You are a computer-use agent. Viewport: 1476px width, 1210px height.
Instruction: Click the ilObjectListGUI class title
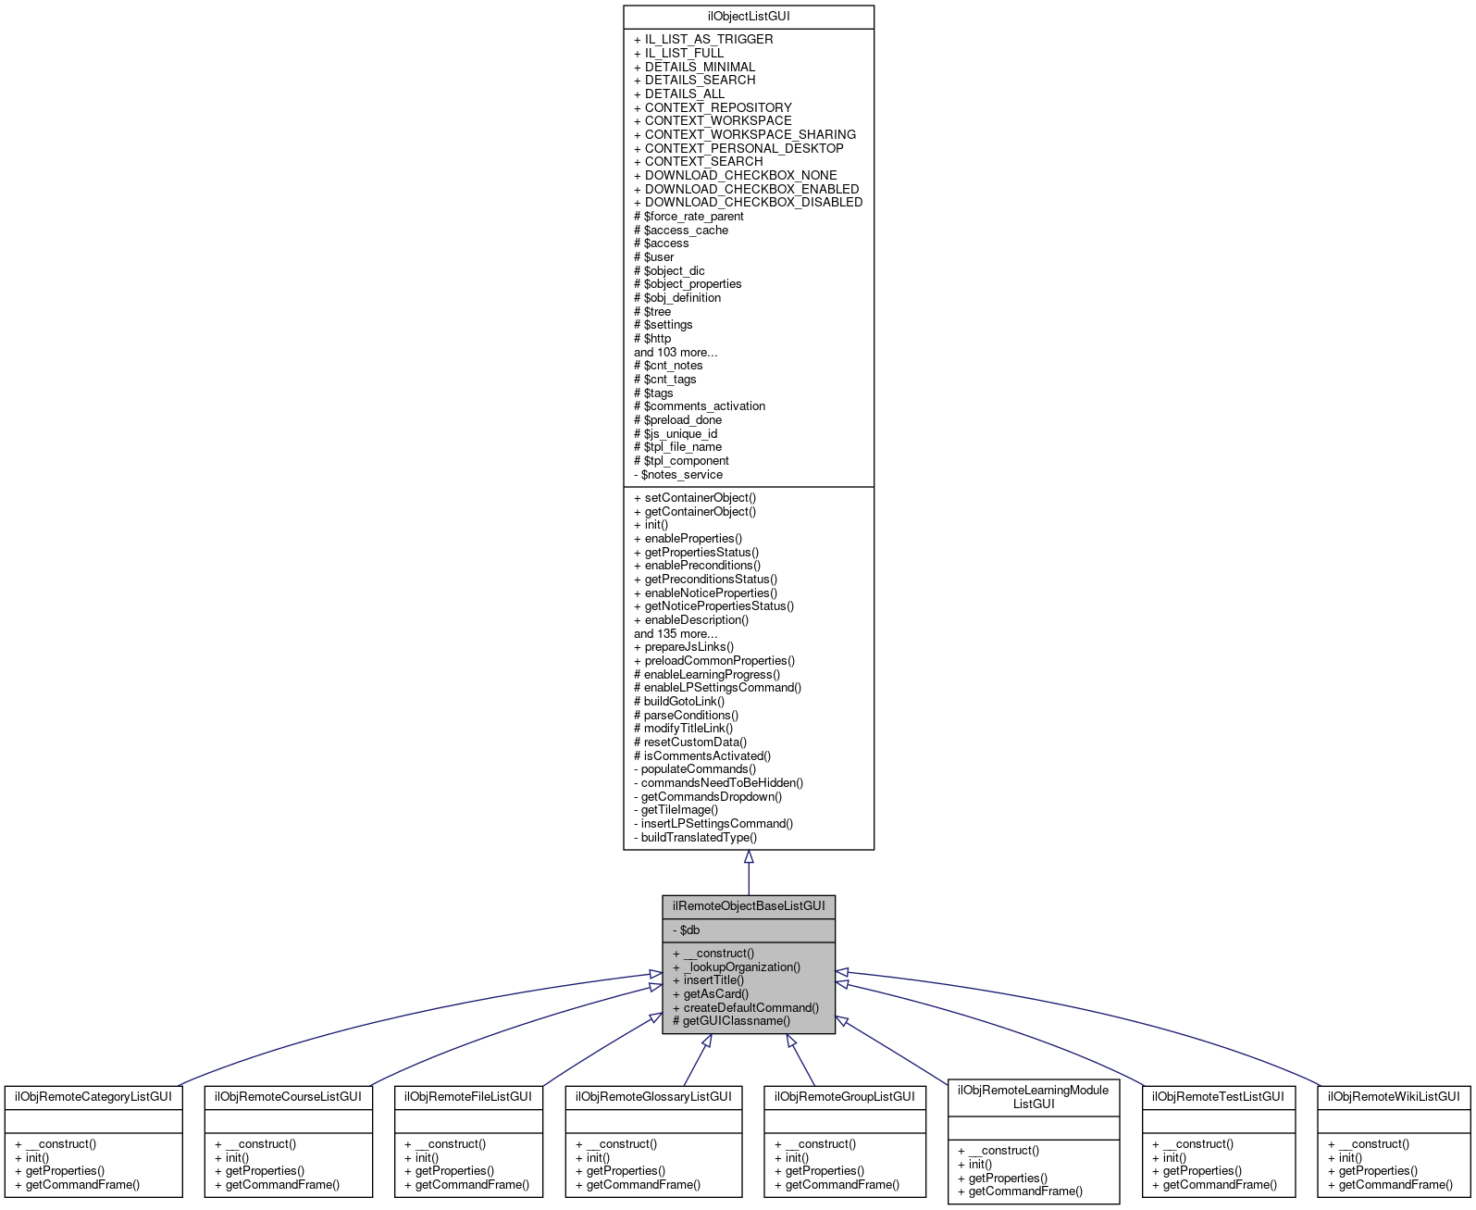pyautogui.click(x=748, y=17)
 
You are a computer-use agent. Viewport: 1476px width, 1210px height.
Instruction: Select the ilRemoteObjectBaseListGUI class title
pyautogui.click(x=748, y=905)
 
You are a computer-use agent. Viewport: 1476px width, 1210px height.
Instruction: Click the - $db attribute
pyautogui.click(x=686, y=929)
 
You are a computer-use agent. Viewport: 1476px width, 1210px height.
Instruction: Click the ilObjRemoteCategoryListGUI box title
pyautogui.click(x=93, y=1096)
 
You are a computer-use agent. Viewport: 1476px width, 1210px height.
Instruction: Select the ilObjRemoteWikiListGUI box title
pyautogui.click(x=1394, y=1096)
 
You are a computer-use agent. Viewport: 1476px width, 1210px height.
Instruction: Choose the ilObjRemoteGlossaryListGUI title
pyautogui.click(x=653, y=1096)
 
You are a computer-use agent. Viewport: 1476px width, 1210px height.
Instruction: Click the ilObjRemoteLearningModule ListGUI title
pyautogui.click(x=1033, y=1096)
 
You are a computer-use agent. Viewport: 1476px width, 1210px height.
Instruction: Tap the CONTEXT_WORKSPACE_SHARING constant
pyautogui.click(x=744, y=134)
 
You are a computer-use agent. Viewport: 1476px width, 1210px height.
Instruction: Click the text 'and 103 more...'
pyautogui.click(x=676, y=352)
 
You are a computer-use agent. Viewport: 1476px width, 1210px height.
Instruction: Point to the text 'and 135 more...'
pyautogui.click(x=676, y=633)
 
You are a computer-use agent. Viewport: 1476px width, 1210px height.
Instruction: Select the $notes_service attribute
pyautogui.click(x=677, y=474)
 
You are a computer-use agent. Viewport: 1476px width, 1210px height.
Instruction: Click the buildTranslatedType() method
pyautogui.click(x=695, y=837)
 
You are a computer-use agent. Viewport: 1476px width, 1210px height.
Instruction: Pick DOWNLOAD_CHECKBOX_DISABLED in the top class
pyautogui.click(x=748, y=202)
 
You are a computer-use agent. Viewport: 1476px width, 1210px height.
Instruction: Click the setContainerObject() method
pyautogui.click(x=694, y=497)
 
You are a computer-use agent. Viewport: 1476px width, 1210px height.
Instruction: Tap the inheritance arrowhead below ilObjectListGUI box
pyautogui.click(x=749, y=857)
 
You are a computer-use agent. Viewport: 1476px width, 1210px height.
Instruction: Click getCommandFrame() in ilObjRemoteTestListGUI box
pyautogui.click(x=1214, y=1184)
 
